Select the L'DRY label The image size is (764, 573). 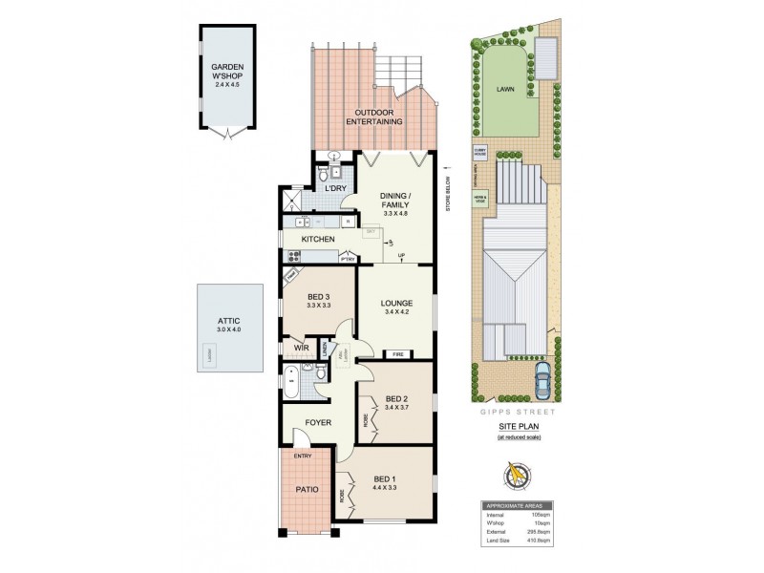pos(335,189)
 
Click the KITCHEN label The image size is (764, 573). pos(317,238)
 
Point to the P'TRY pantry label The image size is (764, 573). pos(348,258)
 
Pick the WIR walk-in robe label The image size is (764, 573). pos(301,348)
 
